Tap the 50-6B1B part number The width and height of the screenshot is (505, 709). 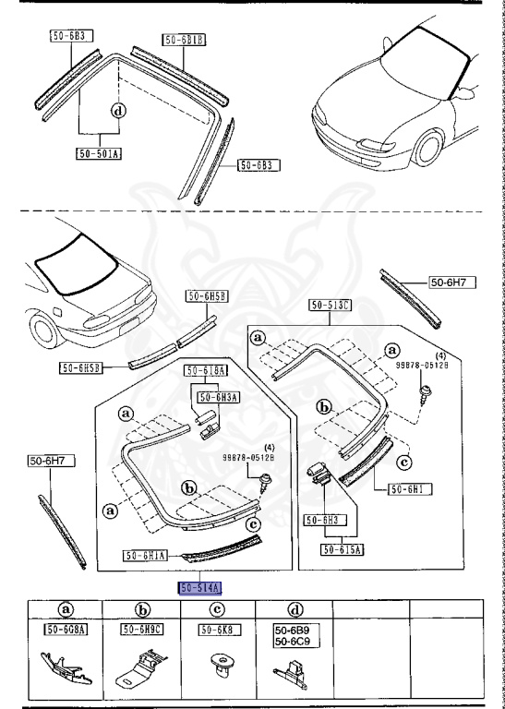[185, 40]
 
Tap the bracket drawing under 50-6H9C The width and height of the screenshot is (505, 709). [141, 671]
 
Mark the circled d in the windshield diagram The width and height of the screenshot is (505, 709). [117, 112]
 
